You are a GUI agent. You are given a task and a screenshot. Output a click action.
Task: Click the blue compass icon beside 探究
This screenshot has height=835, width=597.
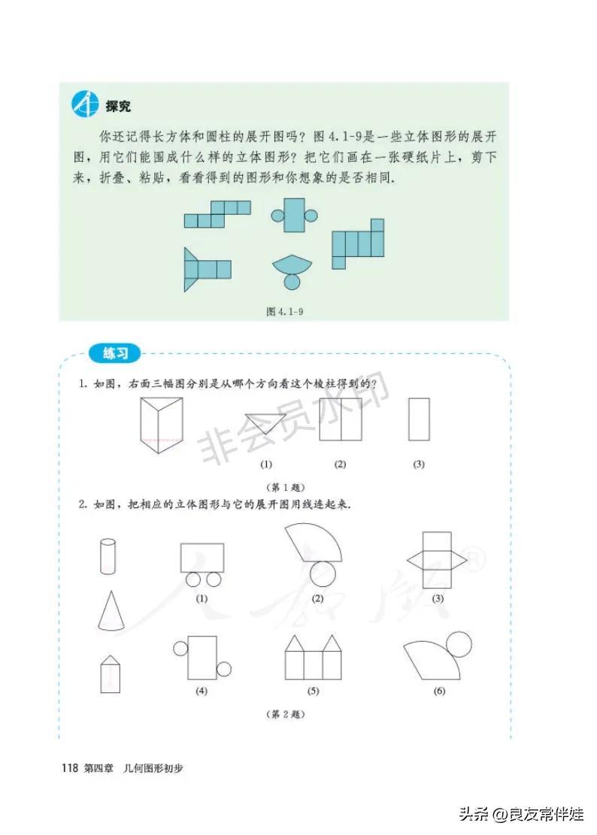85,104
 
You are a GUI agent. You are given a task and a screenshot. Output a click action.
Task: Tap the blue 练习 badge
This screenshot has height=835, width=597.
115,353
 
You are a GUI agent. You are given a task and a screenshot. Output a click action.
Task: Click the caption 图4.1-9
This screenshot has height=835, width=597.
285,311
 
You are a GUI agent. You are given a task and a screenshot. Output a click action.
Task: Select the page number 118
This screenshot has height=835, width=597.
70,768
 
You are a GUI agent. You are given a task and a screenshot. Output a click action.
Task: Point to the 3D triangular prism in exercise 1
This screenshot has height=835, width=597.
162,425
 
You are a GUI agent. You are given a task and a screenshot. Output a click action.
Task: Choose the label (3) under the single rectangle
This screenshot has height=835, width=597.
419,464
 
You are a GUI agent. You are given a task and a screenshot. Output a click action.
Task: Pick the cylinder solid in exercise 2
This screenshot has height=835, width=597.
108,556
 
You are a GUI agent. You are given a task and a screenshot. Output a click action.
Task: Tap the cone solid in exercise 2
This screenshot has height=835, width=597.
111,611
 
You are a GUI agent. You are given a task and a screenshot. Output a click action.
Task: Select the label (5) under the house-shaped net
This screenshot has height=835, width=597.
313,691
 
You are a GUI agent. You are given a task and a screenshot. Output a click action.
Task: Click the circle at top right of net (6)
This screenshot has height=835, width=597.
459,644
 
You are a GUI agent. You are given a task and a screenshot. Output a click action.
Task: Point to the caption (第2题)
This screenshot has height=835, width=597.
286,714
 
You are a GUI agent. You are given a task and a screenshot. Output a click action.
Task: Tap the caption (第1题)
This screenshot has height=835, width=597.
286,487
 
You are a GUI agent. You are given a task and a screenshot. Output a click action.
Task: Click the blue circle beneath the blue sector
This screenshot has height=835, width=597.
292,281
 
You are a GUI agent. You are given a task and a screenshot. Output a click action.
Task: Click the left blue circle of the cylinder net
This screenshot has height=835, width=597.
277,216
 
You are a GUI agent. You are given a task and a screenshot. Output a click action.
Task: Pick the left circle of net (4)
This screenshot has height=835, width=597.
180,649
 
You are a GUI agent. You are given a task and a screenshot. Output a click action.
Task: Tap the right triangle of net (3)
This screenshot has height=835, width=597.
459,560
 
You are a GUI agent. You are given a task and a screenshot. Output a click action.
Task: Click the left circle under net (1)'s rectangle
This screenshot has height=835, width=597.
192,579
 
